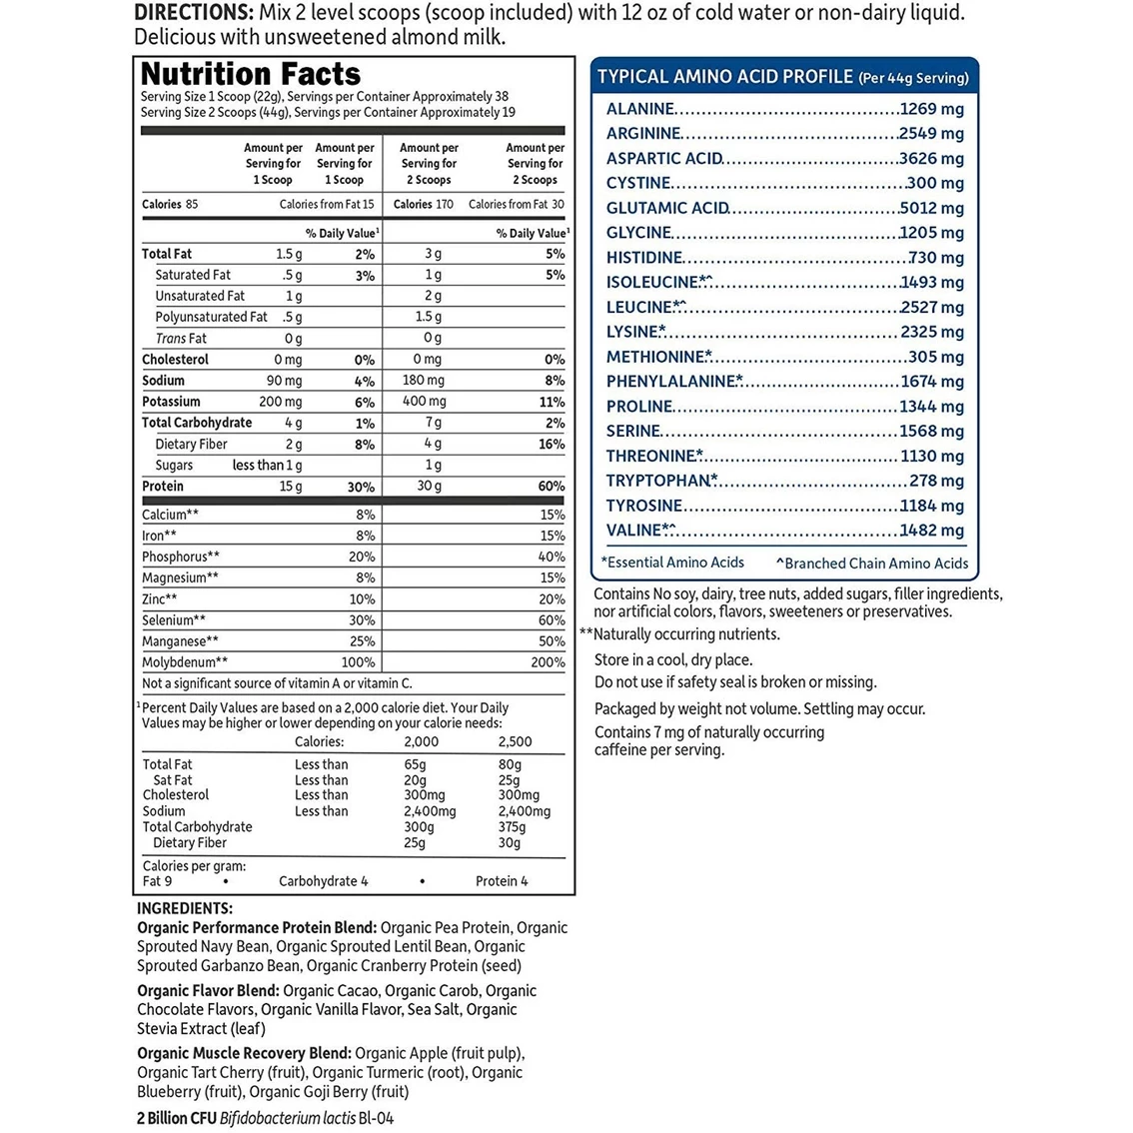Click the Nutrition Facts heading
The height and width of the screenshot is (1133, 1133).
click(251, 74)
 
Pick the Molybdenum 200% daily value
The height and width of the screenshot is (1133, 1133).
click(548, 662)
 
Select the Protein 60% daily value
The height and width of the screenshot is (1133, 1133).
click(552, 487)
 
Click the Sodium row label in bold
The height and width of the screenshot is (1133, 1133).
click(163, 381)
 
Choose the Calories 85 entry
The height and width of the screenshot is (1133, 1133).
click(170, 204)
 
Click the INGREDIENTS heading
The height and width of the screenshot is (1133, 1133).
click(185, 908)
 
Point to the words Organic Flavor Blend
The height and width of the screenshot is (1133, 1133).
click(208, 990)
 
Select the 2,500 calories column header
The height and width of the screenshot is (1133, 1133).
click(515, 741)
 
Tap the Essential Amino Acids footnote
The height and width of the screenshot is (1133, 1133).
click(672, 563)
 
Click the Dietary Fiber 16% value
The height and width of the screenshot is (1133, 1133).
click(552, 445)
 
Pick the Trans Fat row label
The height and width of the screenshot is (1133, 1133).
click(181, 339)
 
